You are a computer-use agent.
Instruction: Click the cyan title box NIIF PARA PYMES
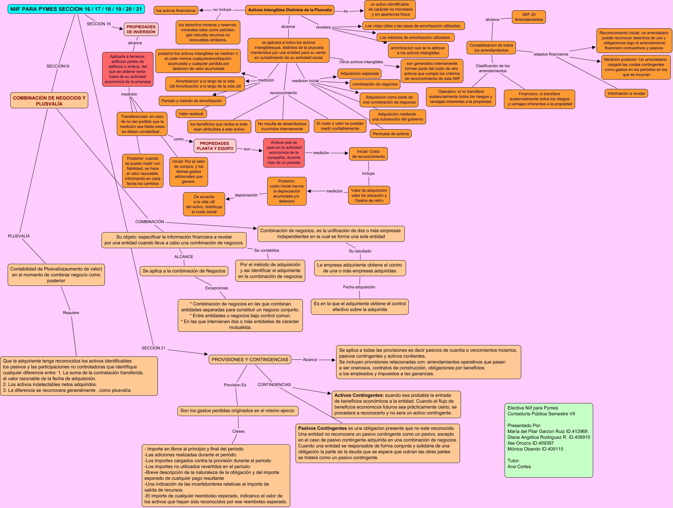76,9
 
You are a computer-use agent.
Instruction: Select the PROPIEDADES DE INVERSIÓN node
141,29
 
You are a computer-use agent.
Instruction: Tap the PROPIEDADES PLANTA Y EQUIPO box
215,146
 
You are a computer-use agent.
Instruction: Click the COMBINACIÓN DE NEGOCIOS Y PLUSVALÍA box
49,101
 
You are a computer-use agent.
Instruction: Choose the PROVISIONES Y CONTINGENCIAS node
250,359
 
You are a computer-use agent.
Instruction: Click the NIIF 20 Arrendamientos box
529,17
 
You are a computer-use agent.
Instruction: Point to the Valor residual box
191,114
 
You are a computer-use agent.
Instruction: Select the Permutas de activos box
390,134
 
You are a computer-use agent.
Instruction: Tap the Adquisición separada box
359,73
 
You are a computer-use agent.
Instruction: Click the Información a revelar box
626,93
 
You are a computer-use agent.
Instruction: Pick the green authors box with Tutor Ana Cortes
549,440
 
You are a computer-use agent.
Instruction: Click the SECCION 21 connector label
153,348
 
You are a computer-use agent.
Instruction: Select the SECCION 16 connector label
99,24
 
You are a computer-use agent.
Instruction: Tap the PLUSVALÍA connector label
19,236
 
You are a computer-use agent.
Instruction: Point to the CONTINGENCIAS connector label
274,384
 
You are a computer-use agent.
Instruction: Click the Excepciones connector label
217,288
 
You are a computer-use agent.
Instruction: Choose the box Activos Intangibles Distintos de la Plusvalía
290,10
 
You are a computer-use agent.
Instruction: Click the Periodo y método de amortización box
192,101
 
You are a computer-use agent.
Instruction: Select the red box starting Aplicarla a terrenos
128,69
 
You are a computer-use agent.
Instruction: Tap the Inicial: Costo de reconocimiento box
368,154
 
